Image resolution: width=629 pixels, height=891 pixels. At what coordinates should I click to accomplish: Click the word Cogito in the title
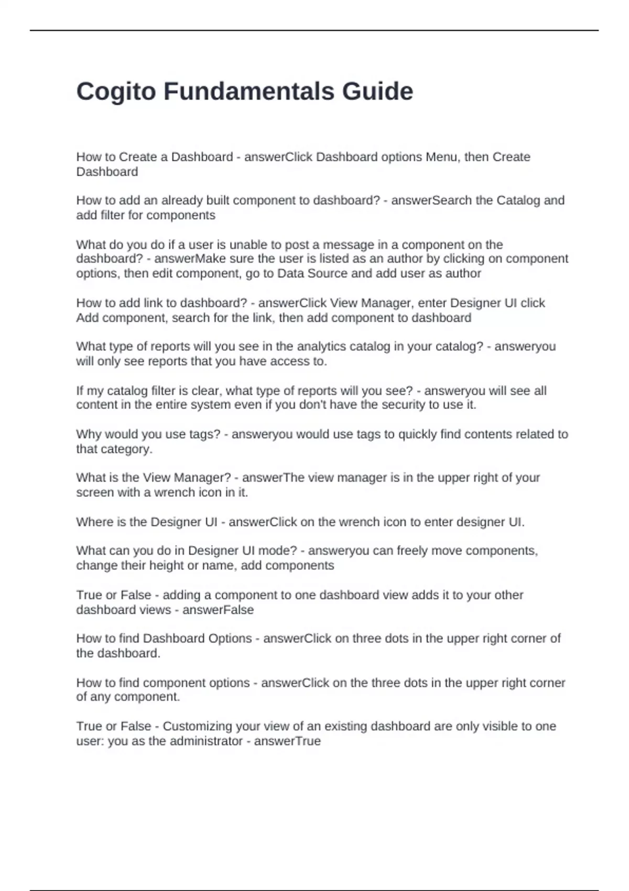[116, 92]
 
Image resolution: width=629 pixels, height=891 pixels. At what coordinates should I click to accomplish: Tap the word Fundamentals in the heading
[249, 91]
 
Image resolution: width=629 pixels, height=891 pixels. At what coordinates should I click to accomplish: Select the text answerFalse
[218, 610]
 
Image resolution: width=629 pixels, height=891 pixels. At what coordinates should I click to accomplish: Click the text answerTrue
[287, 741]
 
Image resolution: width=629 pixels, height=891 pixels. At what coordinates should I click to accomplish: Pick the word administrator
[207, 741]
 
